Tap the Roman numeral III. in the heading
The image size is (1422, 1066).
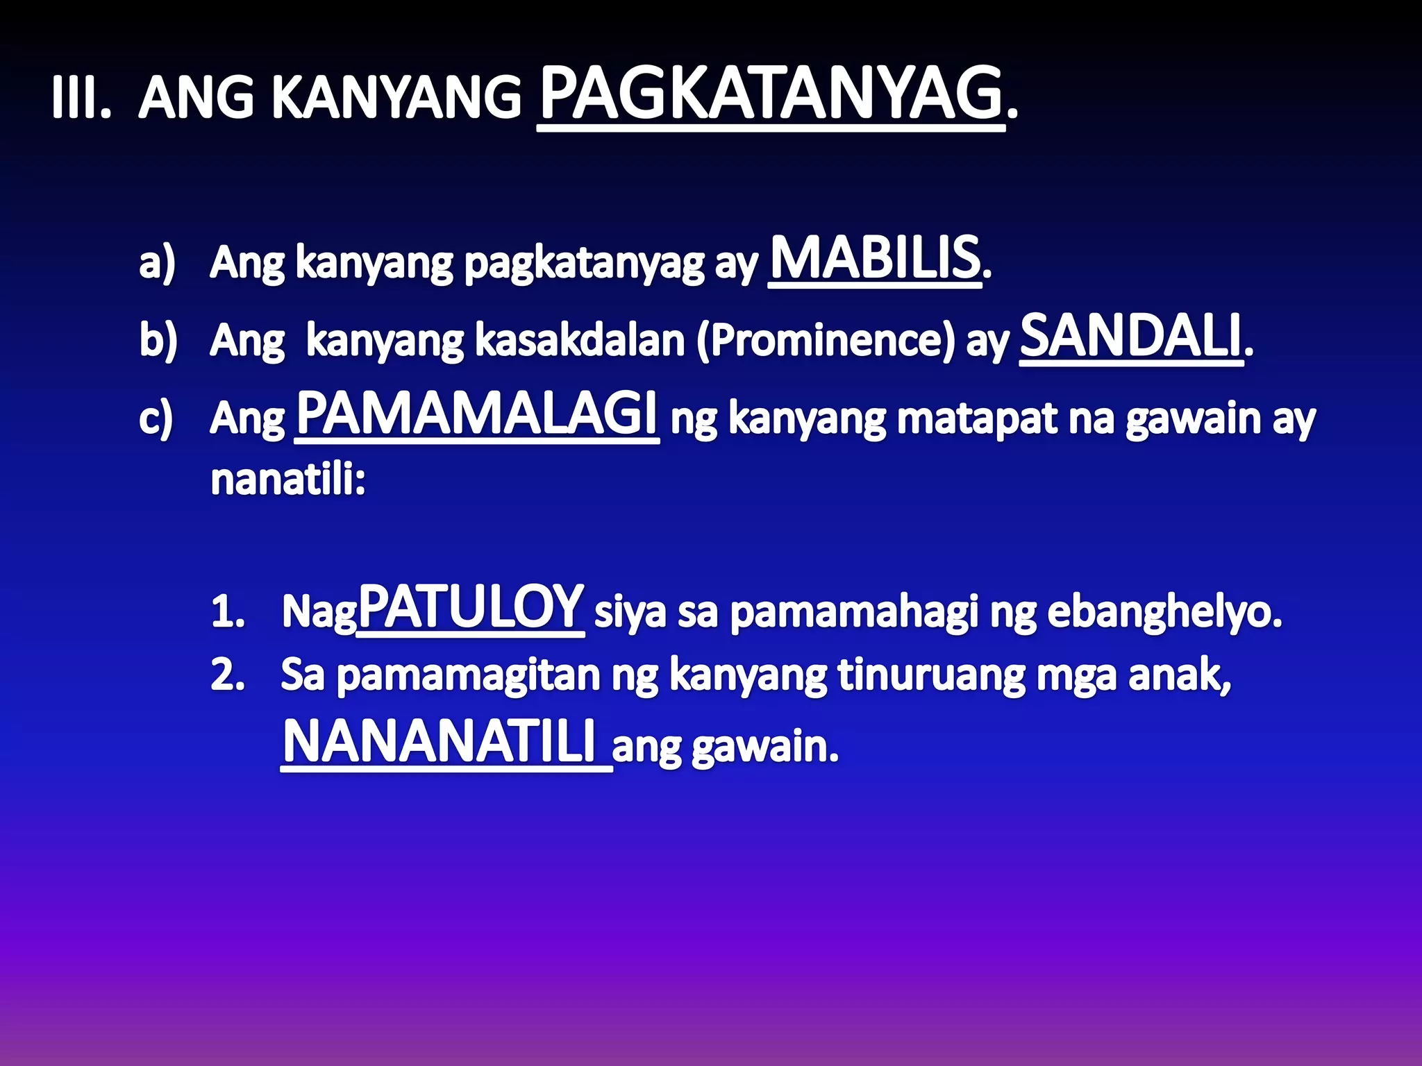tap(81, 99)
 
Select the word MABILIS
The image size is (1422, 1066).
tap(875, 258)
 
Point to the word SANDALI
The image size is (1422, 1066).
tap(1130, 337)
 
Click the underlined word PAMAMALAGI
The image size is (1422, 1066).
tap(476, 414)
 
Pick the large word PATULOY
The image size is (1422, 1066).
tap(470, 607)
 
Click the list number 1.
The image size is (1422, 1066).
tap(228, 613)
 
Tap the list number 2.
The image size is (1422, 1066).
tap(228, 675)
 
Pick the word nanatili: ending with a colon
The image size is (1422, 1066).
tap(288, 480)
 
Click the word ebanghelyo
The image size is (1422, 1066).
tap(1164, 613)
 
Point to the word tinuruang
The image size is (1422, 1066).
tap(931, 675)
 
